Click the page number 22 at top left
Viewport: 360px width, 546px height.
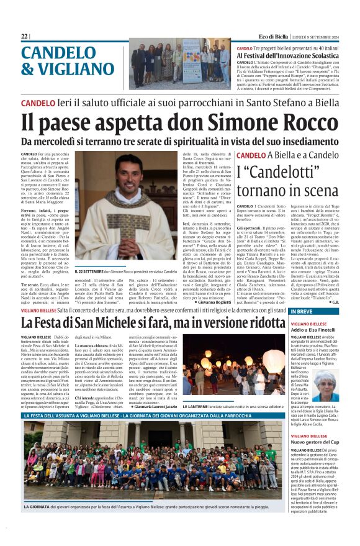click(x=24, y=37)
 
